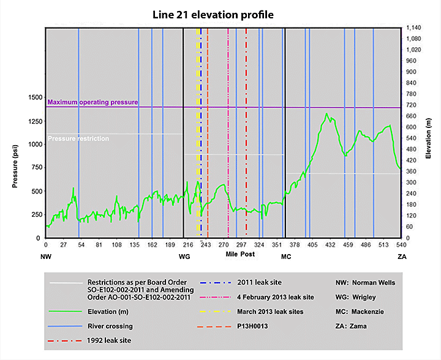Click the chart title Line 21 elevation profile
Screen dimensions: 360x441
click(221, 13)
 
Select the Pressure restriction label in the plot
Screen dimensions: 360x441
click(78, 139)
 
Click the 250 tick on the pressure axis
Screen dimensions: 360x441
click(36, 214)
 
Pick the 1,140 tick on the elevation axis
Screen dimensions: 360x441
click(413, 28)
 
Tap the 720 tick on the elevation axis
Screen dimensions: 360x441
click(409, 105)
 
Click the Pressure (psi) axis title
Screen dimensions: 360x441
click(13, 167)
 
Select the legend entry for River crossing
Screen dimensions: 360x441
click(110, 326)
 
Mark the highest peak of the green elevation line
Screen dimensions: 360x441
click(327, 113)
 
